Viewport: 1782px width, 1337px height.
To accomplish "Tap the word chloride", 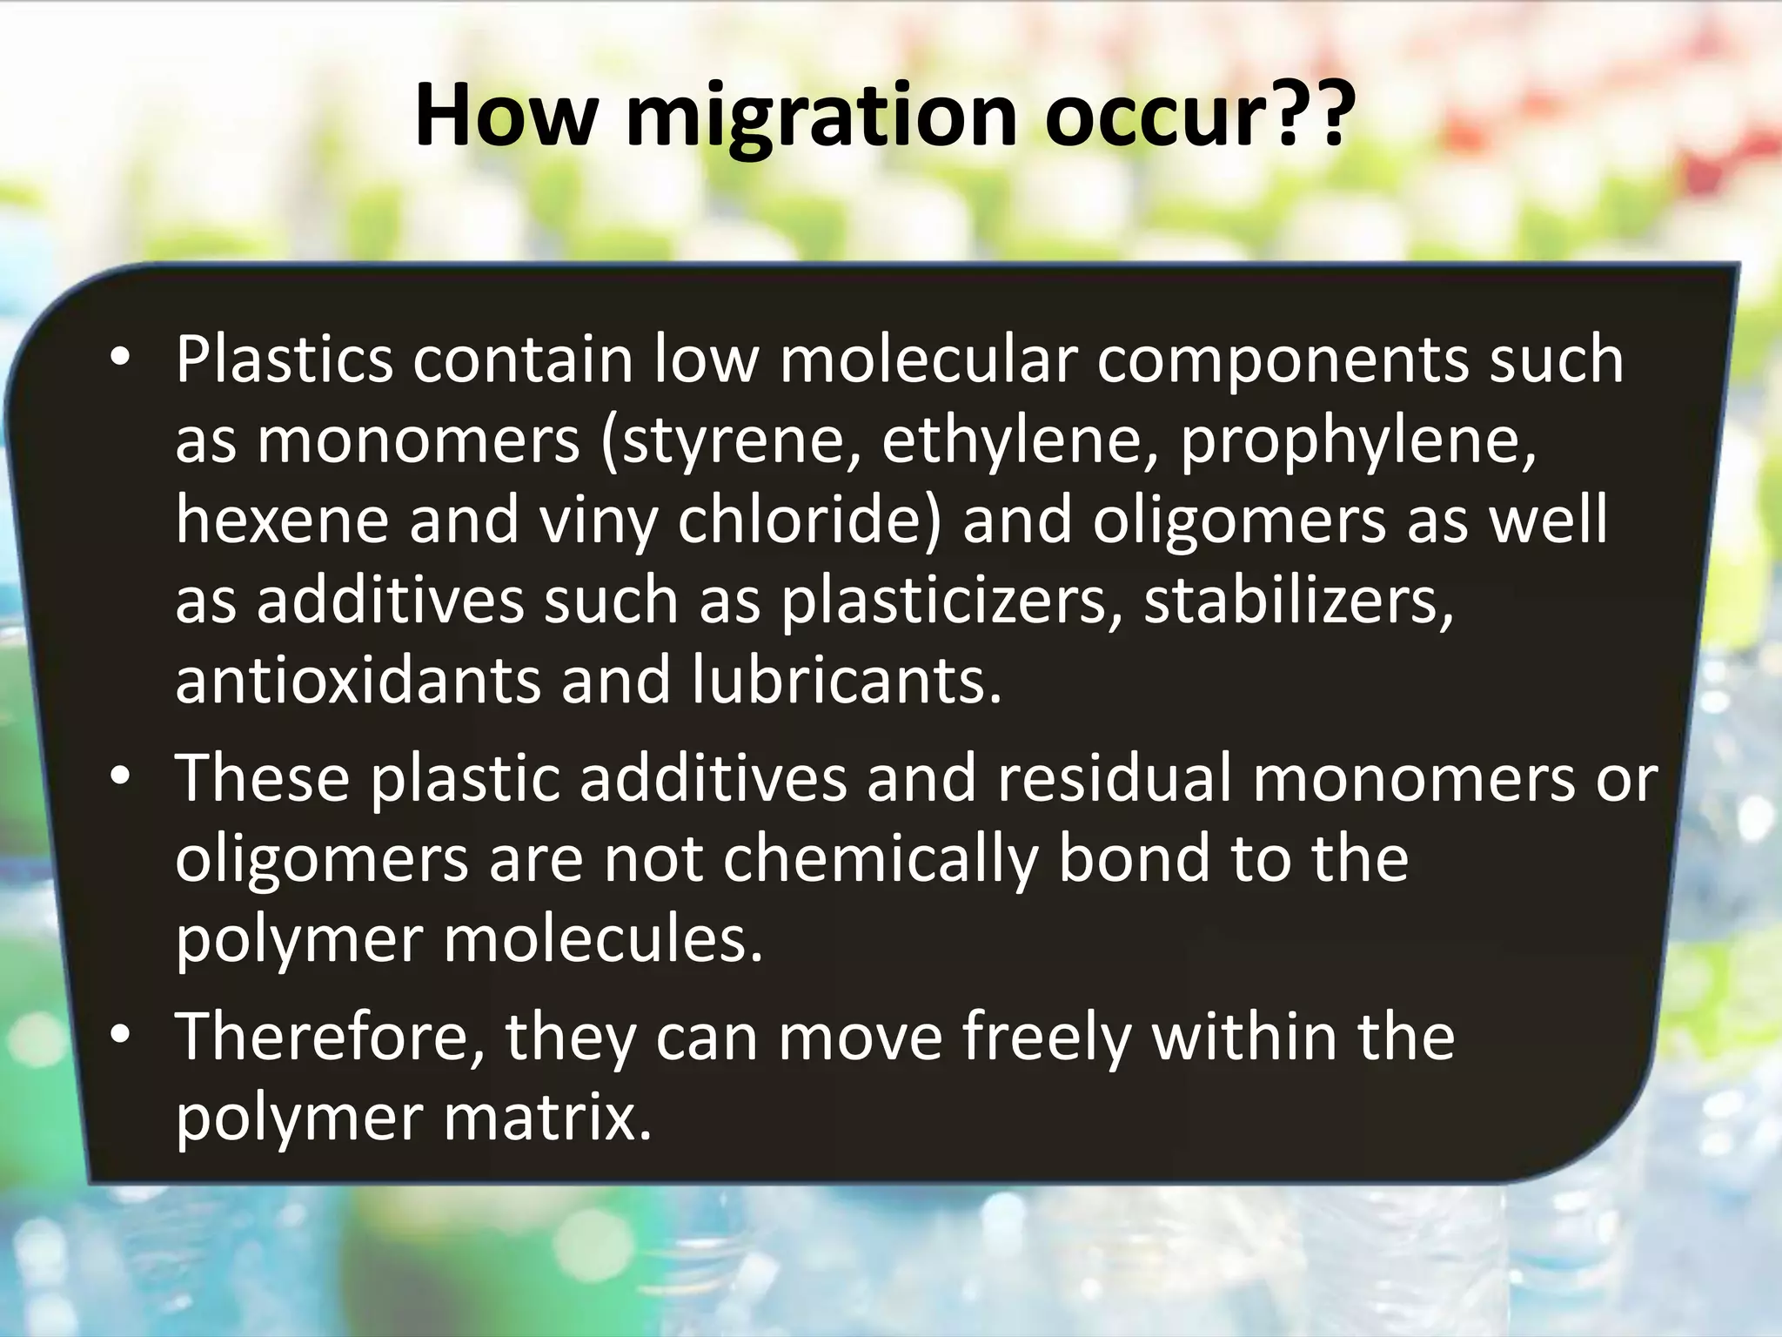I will [809, 520].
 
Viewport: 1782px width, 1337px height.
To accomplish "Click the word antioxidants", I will [358, 681].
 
